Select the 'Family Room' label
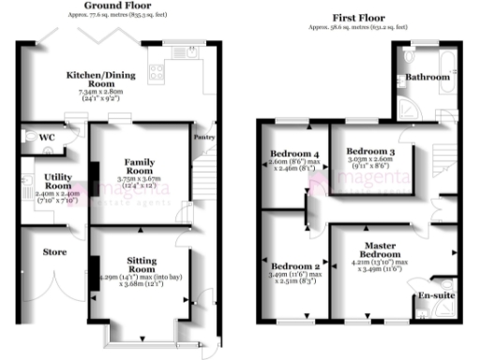140,166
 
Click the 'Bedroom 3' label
369,151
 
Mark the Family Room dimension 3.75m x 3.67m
140,180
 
